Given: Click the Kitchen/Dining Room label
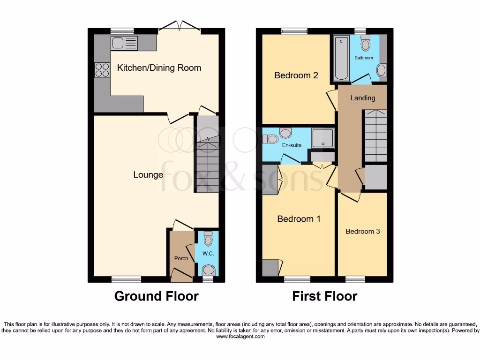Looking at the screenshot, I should (x=159, y=68).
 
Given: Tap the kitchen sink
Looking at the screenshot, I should (x=124, y=43).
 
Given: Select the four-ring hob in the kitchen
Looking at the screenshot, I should (x=101, y=70).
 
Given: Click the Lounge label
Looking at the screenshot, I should (x=148, y=175).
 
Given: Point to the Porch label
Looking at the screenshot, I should (x=181, y=258).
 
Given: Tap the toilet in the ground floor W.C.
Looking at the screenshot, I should (x=208, y=239).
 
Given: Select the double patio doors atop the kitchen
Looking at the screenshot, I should (x=180, y=27).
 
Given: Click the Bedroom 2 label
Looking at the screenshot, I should (x=296, y=75).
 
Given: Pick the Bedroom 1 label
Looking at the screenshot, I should (x=299, y=219).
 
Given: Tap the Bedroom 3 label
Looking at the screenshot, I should (x=363, y=232).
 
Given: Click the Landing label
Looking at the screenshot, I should (x=363, y=98).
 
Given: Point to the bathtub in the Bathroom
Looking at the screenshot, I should (x=340, y=58).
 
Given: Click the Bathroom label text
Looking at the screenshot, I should (x=364, y=58).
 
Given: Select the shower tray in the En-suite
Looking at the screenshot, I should (x=323, y=138).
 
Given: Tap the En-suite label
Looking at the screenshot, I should (x=292, y=145).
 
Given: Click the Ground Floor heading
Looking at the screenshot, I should (x=156, y=296).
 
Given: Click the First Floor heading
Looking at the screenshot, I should (x=324, y=296).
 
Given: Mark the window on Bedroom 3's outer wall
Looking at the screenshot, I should (x=355, y=279).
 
